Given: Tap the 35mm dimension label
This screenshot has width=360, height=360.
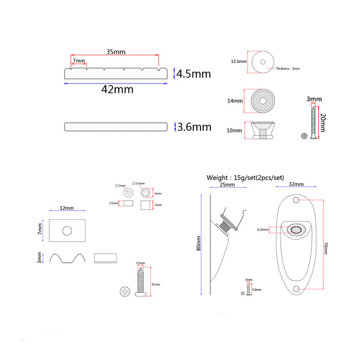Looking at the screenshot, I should tap(116, 51).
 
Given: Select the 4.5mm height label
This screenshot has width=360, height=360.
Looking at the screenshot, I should tap(194, 74).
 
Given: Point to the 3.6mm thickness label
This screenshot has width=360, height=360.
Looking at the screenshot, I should tap(194, 127).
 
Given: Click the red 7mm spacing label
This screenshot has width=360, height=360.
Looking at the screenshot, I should tap(78, 62).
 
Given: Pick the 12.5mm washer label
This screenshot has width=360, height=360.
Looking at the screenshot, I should tap(239, 61).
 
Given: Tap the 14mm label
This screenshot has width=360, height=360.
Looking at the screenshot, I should tap(235, 101).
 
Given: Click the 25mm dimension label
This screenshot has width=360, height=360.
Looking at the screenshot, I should tap(227, 184).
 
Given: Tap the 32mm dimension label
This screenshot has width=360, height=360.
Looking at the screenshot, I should tap(296, 184).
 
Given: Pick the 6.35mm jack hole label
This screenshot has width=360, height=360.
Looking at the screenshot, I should tap(262, 229).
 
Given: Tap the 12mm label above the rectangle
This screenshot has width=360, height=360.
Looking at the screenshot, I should tap(67, 208).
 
